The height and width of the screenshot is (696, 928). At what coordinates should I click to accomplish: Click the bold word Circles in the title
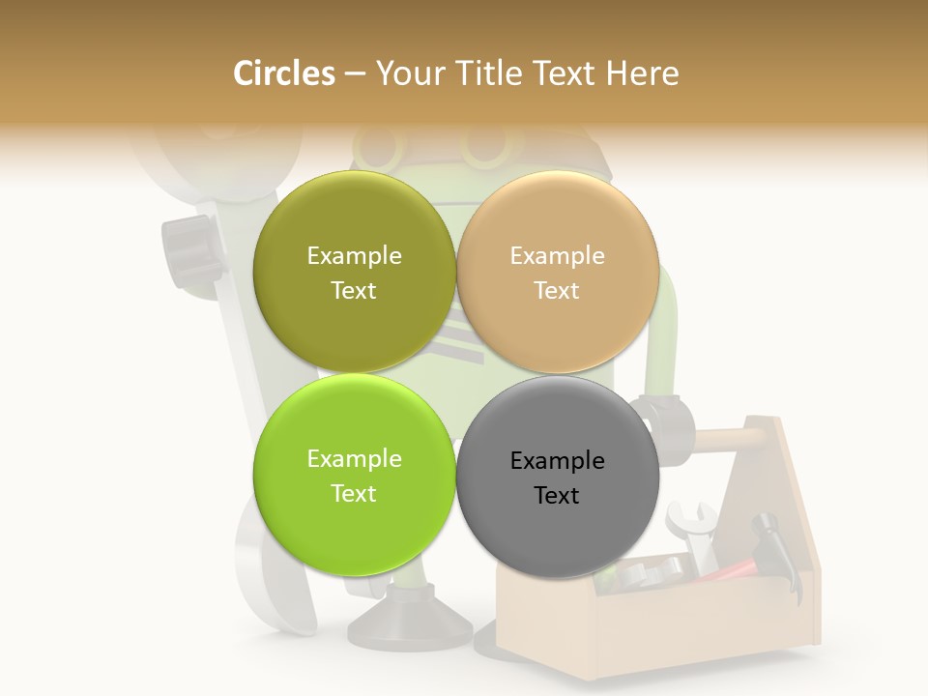[283, 73]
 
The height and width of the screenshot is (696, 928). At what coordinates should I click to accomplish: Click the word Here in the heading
[644, 73]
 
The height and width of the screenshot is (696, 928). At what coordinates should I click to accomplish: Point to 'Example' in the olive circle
[354, 255]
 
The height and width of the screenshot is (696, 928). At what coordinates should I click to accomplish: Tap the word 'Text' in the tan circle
[557, 291]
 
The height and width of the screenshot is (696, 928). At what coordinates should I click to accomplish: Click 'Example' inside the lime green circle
[354, 458]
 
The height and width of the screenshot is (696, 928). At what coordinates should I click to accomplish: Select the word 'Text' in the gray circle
[557, 496]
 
